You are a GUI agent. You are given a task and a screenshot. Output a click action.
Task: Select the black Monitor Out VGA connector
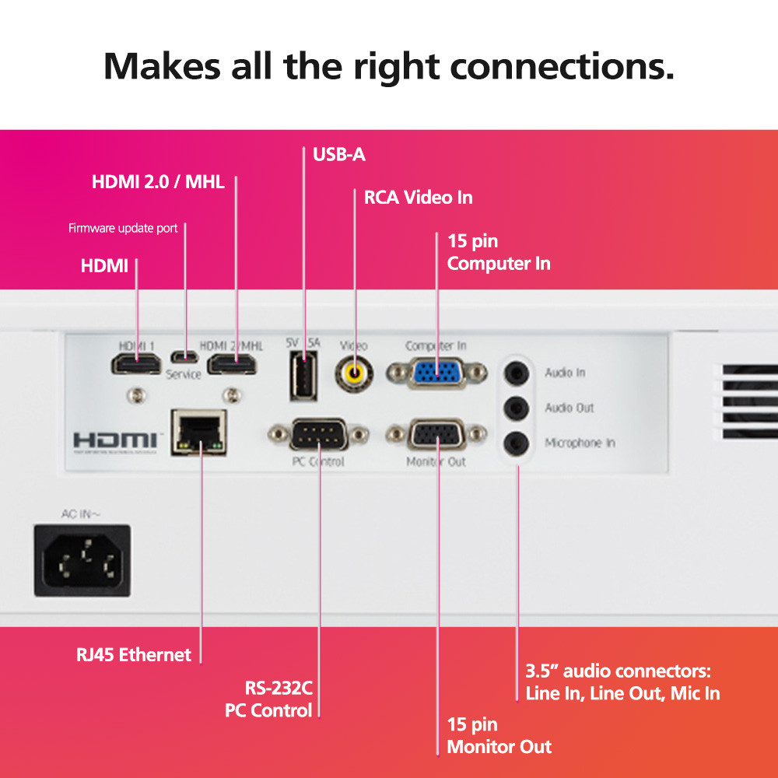pyautogui.click(x=436, y=435)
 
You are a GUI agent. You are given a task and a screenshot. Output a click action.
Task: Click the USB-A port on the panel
pyautogui.click(x=303, y=376)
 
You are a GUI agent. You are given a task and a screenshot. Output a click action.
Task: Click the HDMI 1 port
pyautogui.click(x=136, y=363)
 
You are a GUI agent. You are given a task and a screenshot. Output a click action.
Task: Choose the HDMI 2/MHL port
pyautogui.click(x=233, y=363)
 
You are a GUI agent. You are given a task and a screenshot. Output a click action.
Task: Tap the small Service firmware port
pyautogui.click(x=184, y=359)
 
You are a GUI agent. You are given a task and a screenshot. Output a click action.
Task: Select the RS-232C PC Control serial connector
pyautogui.click(x=318, y=434)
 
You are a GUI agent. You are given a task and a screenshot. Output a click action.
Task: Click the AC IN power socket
pyautogui.click(x=82, y=560)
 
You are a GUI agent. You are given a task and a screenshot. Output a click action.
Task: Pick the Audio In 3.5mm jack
pyautogui.click(x=514, y=373)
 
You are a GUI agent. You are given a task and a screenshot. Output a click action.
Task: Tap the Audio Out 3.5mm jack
pyautogui.click(x=514, y=408)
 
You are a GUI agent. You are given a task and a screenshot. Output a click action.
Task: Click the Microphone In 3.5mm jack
pyautogui.click(x=514, y=443)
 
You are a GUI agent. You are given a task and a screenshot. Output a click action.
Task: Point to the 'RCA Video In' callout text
pyautogui.click(x=418, y=198)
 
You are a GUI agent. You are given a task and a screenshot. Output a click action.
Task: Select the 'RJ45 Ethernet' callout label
pyautogui.click(x=133, y=654)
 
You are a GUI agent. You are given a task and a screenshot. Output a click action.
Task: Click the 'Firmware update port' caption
pyautogui.click(x=123, y=228)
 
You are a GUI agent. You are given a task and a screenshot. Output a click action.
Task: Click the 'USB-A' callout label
pyautogui.click(x=338, y=154)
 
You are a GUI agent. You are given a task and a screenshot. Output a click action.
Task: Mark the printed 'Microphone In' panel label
pyautogui.click(x=580, y=443)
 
